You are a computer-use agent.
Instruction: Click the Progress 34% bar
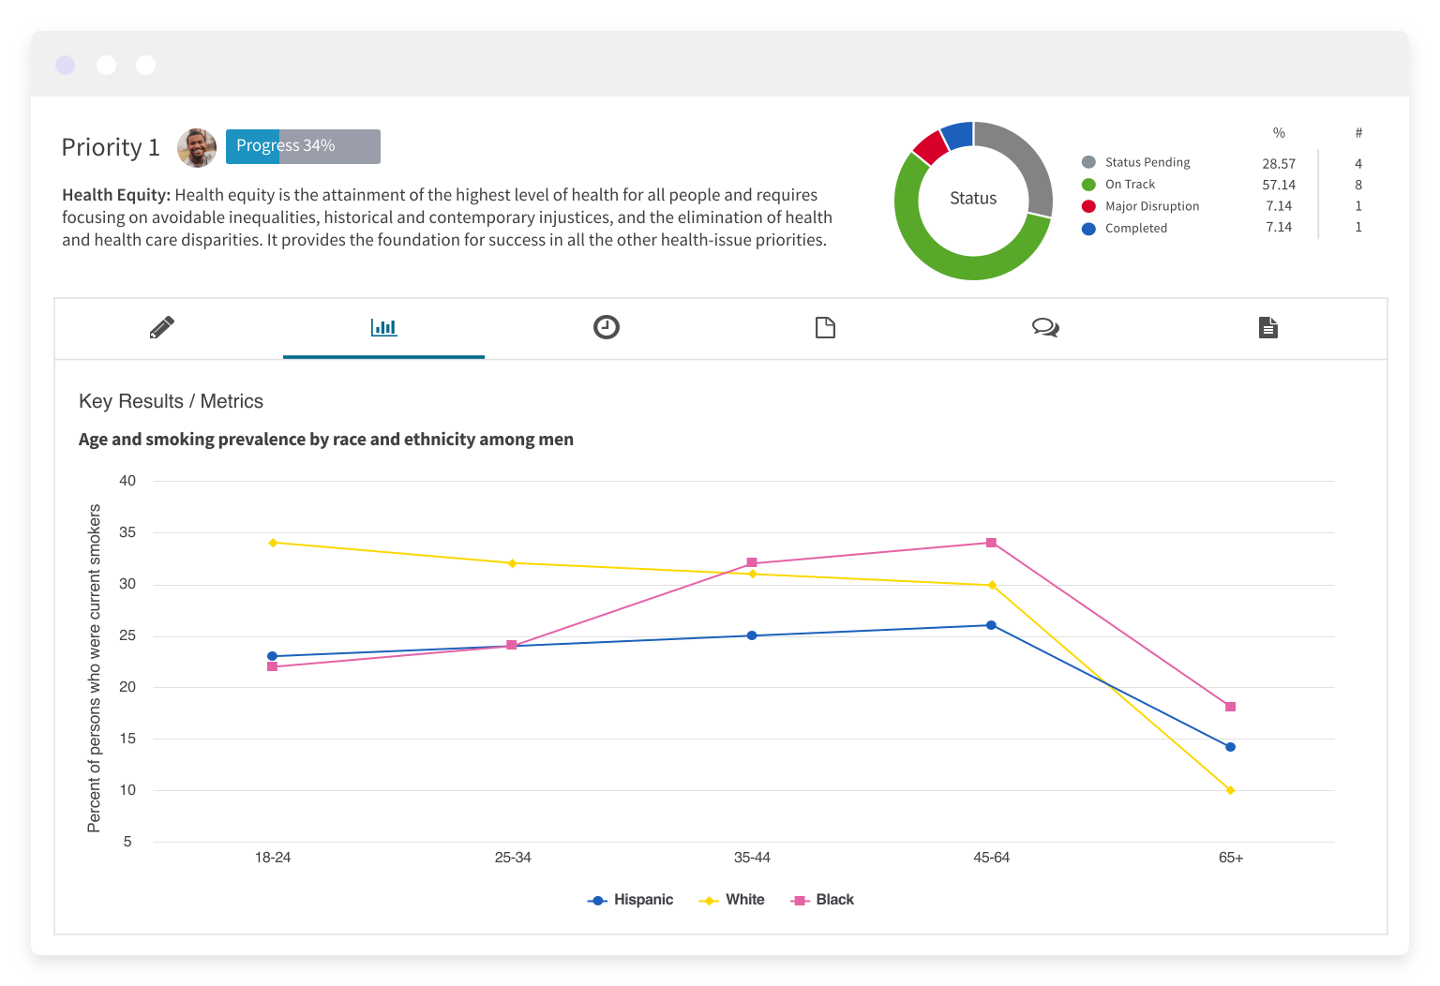click(303, 146)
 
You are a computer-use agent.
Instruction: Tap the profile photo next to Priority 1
click(197, 147)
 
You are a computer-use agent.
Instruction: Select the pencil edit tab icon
click(162, 327)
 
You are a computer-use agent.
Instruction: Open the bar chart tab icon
click(383, 327)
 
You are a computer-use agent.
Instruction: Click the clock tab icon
click(607, 327)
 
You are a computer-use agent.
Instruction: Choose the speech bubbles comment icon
click(1045, 327)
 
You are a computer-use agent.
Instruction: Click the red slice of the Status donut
click(930, 147)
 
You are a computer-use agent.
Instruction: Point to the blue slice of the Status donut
click(957, 135)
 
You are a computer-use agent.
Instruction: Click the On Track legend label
click(1130, 185)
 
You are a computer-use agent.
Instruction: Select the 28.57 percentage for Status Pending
click(1279, 163)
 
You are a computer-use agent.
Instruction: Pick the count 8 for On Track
click(1358, 185)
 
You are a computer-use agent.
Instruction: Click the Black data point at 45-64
click(991, 543)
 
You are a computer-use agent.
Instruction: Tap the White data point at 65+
click(1230, 790)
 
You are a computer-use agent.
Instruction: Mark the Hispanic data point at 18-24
click(272, 656)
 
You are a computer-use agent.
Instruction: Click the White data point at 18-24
click(273, 543)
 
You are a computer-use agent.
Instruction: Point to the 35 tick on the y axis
click(127, 532)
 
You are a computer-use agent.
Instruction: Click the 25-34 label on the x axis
click(513, 858)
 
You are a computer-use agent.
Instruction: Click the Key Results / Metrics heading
click(172, 401)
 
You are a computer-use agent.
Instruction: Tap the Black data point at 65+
click(1230, 707)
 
